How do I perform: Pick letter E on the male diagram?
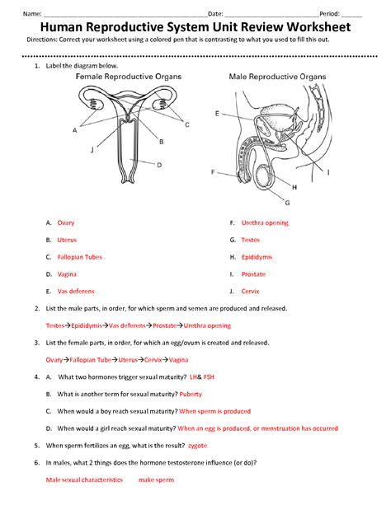click(x=216, y=113)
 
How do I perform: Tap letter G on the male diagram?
click(x=287, y=202)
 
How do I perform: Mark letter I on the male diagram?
click(x=329, y=172)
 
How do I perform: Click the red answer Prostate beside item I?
click(x=253, y=274)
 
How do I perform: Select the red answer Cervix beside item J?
click(x=251, y=291)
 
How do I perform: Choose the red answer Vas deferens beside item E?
click(x=76, y=291)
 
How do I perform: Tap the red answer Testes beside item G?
click(x=251, y=240)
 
